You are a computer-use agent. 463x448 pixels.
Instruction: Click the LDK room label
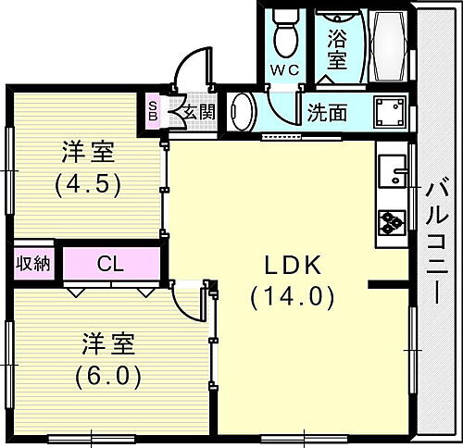pos(293,267)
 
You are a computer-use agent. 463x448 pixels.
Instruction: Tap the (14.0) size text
pos(293,297)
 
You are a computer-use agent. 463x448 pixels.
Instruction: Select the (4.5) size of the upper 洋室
pos(87,182)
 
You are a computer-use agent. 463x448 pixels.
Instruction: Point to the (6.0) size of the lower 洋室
pos(108,377)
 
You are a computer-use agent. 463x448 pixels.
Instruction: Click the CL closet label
pos(110,264)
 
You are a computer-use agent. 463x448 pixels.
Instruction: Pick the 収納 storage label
pos(32,264)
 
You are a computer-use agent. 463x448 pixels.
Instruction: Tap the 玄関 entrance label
pos(199,113)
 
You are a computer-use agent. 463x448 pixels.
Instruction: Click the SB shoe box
pos(154,112)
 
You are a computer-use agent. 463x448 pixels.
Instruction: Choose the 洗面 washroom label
pos(329,113)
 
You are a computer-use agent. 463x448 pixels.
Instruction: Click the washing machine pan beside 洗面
pos(390,113)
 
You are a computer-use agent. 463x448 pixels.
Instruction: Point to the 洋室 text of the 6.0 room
pos(108,344)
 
